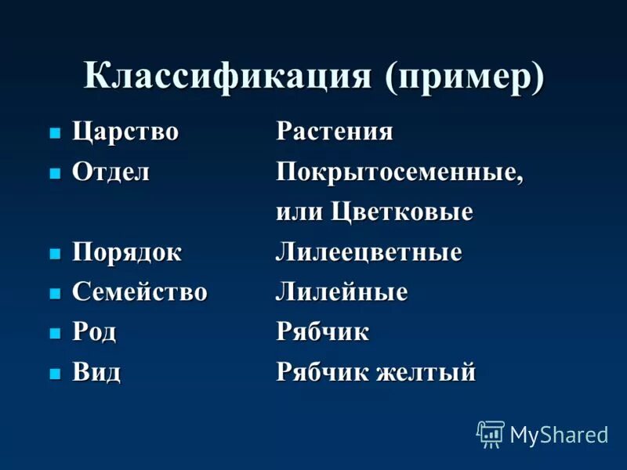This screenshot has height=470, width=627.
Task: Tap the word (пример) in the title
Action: (464, 78)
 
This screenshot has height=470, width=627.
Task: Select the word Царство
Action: (126, 132)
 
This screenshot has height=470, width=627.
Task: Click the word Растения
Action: (335, 132)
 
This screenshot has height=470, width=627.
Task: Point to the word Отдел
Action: (111, 172)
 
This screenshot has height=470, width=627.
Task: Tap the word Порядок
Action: (127, 253)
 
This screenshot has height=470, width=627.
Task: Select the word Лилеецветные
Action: (368, 253)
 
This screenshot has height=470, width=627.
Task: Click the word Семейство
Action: (140, 293)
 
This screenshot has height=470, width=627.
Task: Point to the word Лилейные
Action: (342, 293)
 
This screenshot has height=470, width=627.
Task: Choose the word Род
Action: (95, 332)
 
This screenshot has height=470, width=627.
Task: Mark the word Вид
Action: (96, 372)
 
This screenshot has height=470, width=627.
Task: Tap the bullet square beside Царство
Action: (55, 134)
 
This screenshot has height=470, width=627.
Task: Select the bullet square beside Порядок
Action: (55, 255)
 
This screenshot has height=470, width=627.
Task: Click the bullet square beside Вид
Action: (55, 374)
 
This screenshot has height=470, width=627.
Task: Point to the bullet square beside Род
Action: (55, 334)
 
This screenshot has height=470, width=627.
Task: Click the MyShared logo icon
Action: (491, 434)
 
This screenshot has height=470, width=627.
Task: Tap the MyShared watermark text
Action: (559, 436)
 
